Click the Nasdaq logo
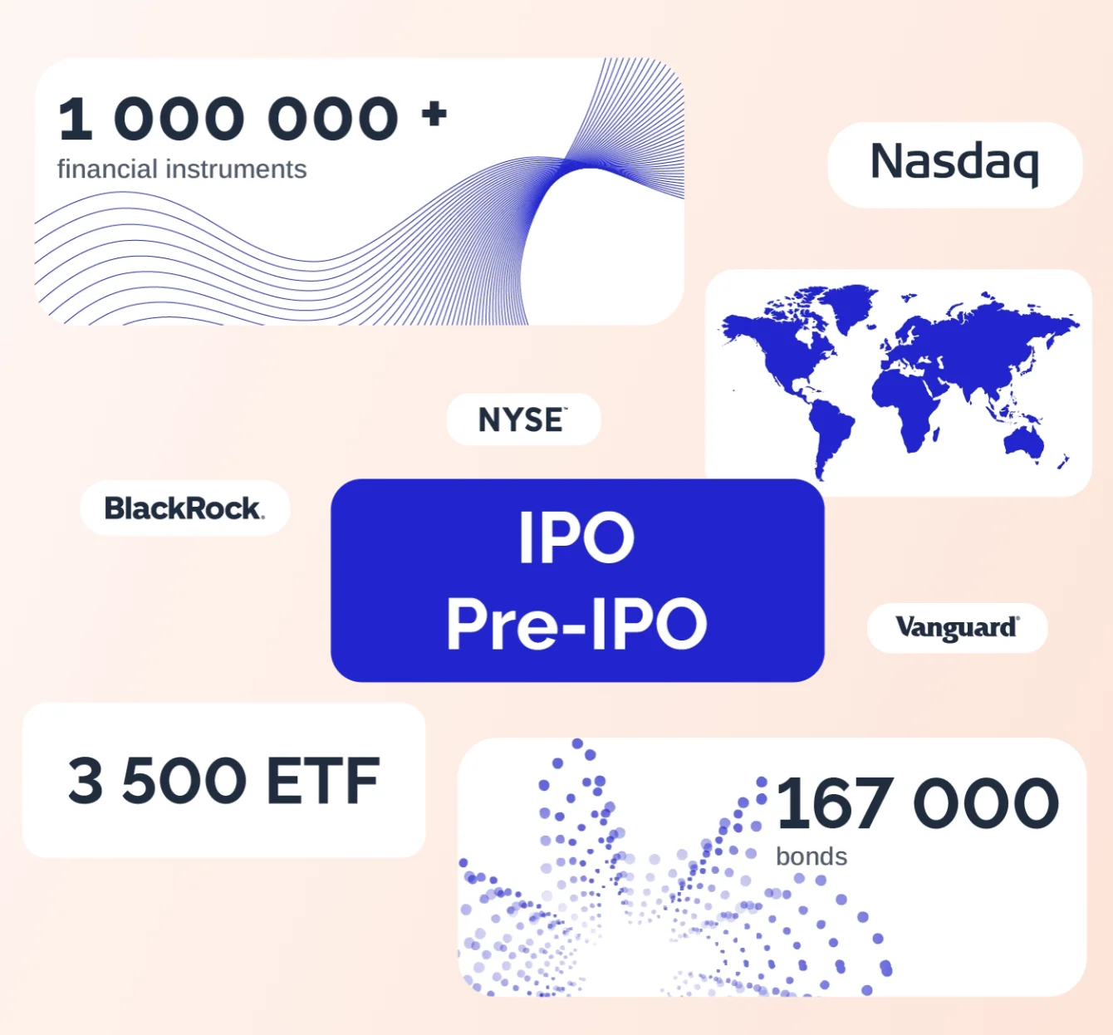click(x=954, y=162)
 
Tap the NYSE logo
click(x=523, y=419)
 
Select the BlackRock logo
click(x=184, y=508)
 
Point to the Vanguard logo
click(x=957, y=627)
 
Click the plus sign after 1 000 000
click(x=434, y=115)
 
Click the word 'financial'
click(x=107, y=169)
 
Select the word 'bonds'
click(x=811, y=856)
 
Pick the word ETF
click(x=323, y=780)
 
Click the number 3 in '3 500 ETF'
click(x=86, y=780)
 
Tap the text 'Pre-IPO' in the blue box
click(x=576, y=624)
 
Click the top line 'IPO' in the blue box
click(x=576, y=537)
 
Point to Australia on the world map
click(x=1024, y=443)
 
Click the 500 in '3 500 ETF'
click(x=184, y=780)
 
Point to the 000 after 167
click(x=986, y=803)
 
